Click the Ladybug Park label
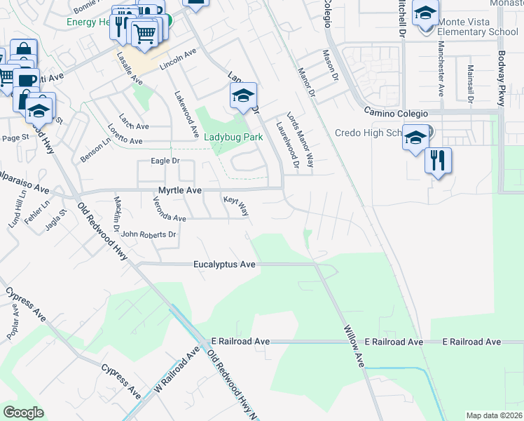click(233, 138)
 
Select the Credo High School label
click(370, 133)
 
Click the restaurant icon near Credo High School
click(438, 161)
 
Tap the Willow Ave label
click(354, 347)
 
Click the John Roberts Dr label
click(148, 234)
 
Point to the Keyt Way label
click(236, 205)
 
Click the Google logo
click(23, 413)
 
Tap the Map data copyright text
click(493, 415)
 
